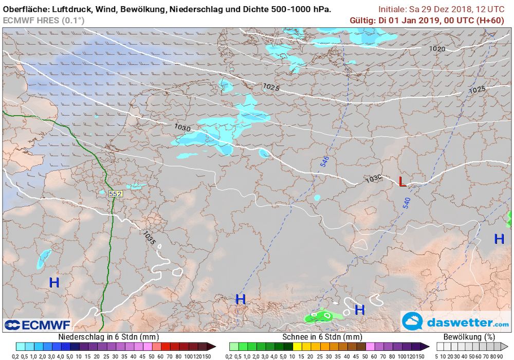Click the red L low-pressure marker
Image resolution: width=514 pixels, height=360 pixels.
tap(402, 182)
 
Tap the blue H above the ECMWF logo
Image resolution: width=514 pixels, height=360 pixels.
tap(54, 282)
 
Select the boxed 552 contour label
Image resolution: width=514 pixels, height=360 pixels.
tap(116, 194)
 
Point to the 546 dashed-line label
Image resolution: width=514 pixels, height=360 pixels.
tap(324, 161)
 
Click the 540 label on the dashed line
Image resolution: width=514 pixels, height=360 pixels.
tap(406, 202)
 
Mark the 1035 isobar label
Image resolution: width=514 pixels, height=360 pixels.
tap(149, 238)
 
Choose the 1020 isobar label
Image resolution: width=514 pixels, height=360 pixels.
tap(437, 49)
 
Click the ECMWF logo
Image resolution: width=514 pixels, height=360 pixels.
tap(37, 325)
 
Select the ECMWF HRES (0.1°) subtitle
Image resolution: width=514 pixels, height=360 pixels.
tap(44, 20)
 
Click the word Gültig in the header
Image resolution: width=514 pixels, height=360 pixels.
tap(361, 20)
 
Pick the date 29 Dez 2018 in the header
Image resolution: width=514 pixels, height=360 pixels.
tap(445, 9)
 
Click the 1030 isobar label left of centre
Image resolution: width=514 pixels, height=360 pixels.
tap(182, 127)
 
